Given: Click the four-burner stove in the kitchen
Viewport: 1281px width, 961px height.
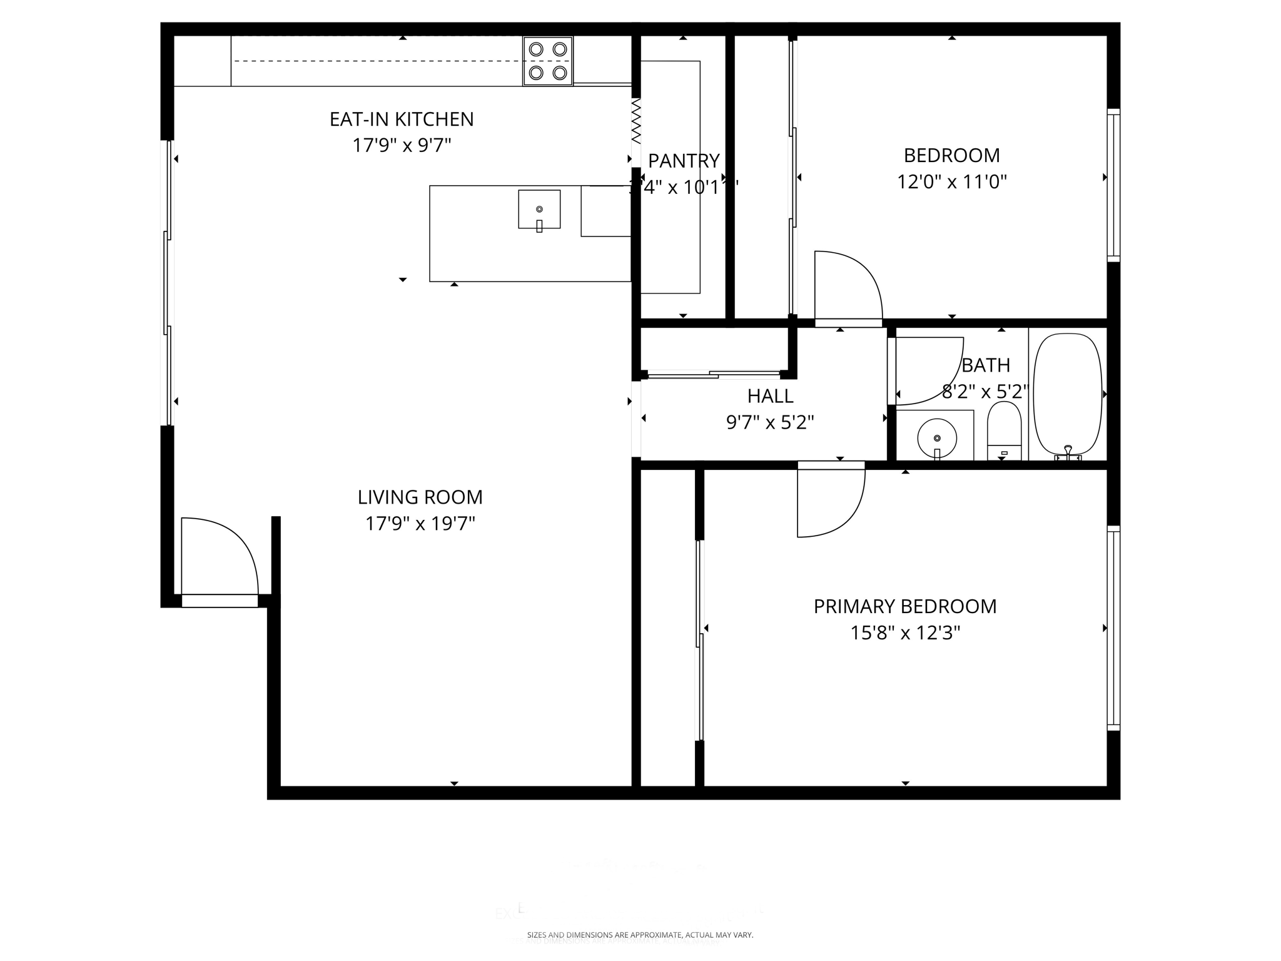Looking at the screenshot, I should [548, 61].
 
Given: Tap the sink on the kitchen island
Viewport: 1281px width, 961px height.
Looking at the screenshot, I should [539, 210].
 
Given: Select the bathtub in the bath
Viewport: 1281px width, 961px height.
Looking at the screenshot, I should [1068, 394].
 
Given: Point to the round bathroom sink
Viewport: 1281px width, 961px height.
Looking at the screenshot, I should [936, 438].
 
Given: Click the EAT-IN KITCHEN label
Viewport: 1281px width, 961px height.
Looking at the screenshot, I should [402, 119].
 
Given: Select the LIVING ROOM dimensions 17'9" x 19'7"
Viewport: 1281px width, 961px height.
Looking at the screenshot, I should [420, 524].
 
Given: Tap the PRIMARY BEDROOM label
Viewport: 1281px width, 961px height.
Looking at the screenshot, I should [904, 606].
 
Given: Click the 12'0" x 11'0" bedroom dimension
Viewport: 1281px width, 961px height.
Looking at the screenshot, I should [951, 182].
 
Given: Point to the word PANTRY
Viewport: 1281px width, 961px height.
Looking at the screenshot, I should [684, 161].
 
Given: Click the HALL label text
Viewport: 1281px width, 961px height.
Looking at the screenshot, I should [770, 396].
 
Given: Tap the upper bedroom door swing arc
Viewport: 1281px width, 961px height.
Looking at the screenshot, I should [848, 285].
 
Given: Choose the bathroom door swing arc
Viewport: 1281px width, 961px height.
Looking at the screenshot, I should [928, 372].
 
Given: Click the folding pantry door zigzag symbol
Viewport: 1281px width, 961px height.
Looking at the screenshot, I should [636, 121].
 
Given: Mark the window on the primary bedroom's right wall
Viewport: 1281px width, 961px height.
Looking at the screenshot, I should [1113, 628].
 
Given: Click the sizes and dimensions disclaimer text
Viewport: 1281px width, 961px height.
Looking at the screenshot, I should [640, 935].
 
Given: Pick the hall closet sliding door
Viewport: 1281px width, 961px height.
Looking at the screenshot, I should [714, 375].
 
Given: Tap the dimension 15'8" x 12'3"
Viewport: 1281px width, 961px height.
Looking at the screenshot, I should [904, 633].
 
